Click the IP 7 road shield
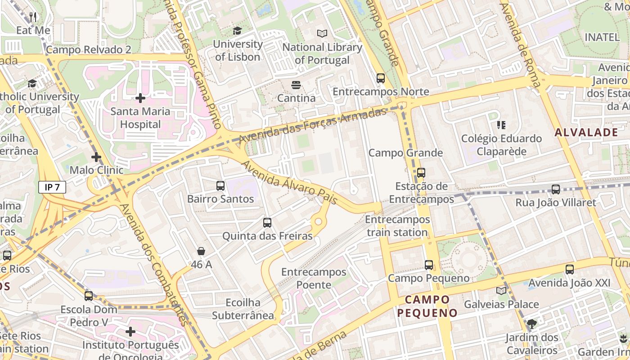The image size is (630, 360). click(x=52, y=187)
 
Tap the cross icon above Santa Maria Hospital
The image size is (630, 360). click(x=140, y=98)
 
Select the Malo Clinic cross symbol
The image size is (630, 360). click(x=96, y=157)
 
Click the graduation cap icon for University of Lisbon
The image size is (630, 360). click(x=237, y=31)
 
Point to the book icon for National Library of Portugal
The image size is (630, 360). click(x=322, y=33)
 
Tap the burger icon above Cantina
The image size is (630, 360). click(x=296, y=85)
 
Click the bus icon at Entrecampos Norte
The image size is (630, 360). click(x=381, y=78)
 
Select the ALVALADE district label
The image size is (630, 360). click(x=586, y=132)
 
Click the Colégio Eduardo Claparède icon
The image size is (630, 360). click(x=501, y=125)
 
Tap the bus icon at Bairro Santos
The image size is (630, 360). click(x=220, y=185)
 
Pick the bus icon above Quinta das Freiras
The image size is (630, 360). click(x=267, y=222)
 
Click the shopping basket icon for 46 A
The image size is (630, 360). click(x=201, y=251)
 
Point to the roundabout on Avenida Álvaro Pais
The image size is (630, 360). click(x=319, y=221)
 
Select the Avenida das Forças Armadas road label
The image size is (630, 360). click(x=312, y=126)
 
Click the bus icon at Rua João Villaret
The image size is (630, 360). click(x=556, y=189)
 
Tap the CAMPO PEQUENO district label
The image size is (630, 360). click(x=427, y=306)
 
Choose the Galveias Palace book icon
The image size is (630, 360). click(x=501, y=291)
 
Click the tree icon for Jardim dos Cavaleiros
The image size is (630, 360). click(x=531, y=324)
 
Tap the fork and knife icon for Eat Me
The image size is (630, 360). click(x=33, y=17)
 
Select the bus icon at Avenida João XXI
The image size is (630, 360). click(x=570, y=270)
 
